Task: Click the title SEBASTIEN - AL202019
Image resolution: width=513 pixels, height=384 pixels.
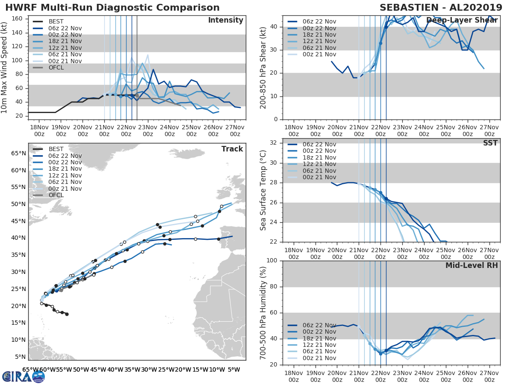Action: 441,8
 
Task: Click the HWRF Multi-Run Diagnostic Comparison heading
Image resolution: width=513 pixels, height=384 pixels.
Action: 112,8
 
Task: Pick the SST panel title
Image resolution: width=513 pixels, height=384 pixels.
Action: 490,143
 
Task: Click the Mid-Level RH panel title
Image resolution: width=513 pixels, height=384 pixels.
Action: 472,265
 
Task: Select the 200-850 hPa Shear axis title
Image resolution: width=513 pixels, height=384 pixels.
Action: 264,67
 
